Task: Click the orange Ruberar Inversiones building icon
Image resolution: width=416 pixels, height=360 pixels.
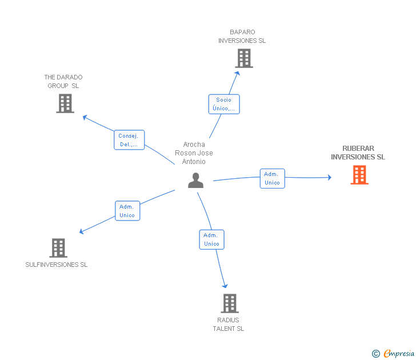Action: (359, 175)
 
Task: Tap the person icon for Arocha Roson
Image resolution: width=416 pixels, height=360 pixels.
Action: (195, 181)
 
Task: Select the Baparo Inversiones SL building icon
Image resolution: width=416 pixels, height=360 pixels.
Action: (243, 58)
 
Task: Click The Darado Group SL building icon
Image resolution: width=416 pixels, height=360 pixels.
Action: (65, 103)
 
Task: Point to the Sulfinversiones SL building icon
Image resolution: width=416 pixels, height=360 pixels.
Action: (58, 248)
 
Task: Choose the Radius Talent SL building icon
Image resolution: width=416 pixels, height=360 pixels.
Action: (229, 303)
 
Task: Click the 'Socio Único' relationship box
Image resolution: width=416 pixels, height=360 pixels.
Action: (223, 104)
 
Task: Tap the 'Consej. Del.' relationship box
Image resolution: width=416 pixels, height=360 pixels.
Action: (129, 140)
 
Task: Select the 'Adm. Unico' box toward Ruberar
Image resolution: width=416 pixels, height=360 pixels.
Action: (272, 178)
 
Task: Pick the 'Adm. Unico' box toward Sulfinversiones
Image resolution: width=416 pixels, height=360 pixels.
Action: (127, 211)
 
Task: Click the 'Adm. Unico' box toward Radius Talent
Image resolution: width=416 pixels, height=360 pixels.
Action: (211, 239)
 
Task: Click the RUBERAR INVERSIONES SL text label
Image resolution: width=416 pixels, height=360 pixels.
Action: (358, 153)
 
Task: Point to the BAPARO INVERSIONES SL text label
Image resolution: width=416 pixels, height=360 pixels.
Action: (242, 37)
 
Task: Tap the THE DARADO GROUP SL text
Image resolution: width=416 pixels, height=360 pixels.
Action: (63, 81)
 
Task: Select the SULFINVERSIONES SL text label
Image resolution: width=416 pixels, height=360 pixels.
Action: (57, 265)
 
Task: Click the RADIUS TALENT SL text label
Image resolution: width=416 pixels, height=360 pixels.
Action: (229, 324)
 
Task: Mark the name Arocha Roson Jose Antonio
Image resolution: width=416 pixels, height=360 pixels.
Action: (194, 153)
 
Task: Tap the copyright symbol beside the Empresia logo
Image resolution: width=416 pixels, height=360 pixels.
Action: (375, 354)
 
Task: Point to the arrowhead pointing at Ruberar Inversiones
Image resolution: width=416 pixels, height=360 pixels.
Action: (329, 178)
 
